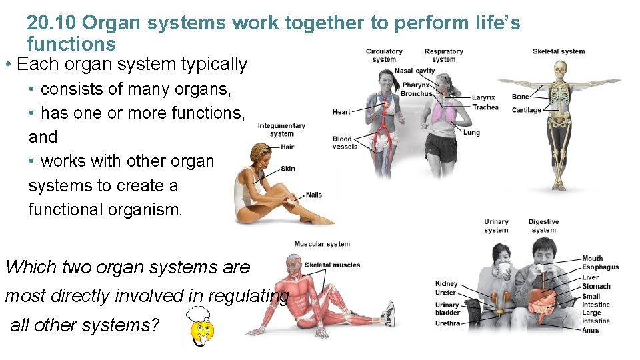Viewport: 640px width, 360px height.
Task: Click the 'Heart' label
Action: [341, 112]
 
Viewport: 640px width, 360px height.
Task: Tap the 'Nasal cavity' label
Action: [414, 71]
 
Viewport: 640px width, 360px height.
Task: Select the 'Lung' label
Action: [471, 133]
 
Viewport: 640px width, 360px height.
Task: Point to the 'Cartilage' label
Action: [526, 110]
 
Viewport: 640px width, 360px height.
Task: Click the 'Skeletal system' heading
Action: [559, 51]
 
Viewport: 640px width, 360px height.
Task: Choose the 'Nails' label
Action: [313, 195]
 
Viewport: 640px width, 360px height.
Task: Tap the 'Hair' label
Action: [287, 147]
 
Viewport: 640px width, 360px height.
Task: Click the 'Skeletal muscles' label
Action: [332, 265]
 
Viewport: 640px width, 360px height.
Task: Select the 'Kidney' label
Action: [446, 284]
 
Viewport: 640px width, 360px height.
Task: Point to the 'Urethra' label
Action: [447, 323]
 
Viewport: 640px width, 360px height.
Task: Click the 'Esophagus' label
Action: [600, 267]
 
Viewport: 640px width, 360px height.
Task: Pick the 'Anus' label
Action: [591, 330]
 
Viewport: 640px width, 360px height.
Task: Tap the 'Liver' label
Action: [590, 277]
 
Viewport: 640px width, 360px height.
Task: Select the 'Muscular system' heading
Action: [322, 244]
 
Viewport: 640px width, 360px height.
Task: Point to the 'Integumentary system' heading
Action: [281, 129]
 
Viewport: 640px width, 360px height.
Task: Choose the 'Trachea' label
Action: [485, 107]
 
